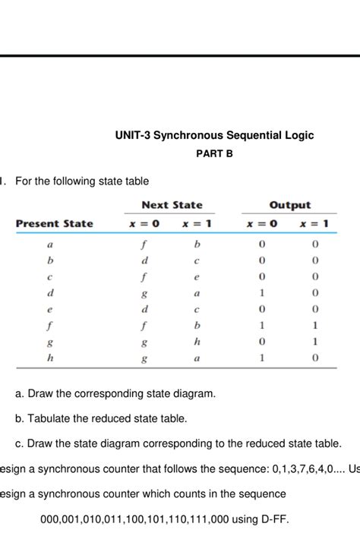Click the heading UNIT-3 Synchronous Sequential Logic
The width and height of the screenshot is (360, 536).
pos(214,135)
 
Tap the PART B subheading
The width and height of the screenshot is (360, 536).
pos(214,153)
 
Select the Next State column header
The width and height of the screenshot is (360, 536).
pos(172,205)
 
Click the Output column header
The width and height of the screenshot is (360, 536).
pos(289,205)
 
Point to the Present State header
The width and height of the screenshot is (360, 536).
pos(55,223)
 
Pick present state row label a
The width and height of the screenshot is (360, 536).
pos(50,245)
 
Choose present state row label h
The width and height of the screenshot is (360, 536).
pos(50,358)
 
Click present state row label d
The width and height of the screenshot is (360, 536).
pos(50,293)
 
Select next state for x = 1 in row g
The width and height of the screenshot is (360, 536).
pos(197,342)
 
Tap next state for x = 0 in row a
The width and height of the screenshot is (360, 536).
pos(143,245)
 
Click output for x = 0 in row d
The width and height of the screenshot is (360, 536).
pos(261,293)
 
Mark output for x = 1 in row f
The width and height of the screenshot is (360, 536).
pos(314,326)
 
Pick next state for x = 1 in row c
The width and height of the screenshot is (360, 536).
pos(197,277)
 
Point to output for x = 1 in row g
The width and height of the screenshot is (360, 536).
pos(314,342)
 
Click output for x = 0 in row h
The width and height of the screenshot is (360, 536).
pos(261,358)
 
